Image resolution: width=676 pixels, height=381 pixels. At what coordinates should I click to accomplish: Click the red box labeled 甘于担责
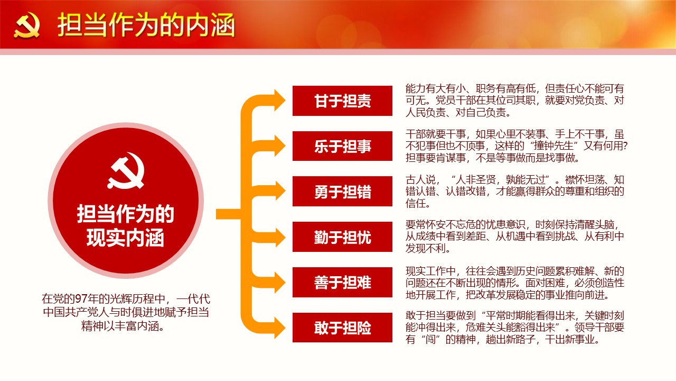coord(342,101)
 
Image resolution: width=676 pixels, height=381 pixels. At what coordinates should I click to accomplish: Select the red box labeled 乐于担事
coord(342,146)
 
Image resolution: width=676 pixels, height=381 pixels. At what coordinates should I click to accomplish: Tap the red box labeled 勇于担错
coord(342,192)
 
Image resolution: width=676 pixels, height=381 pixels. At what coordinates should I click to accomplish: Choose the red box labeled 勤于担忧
coord(342,237)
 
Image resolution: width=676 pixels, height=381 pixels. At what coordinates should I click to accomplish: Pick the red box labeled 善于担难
coord(342,282)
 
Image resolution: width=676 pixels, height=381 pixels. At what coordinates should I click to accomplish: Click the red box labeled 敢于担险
coord(342,328)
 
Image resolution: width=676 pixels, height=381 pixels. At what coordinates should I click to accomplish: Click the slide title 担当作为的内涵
coord(146,25)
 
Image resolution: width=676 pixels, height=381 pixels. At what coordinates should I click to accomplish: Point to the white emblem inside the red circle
coord(126,170)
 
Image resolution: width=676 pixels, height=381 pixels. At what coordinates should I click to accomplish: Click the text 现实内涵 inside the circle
coord(125,238)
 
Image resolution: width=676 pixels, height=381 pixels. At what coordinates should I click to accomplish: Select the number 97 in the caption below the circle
coord(81,299)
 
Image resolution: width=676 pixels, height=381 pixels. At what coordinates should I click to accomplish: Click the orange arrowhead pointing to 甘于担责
coord(279,100)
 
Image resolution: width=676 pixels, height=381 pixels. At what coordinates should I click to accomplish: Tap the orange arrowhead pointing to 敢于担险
coord(279,328)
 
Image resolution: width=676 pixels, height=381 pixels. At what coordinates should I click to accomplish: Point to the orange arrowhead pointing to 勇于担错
coord(279,191)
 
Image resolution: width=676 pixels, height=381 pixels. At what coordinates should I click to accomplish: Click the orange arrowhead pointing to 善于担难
coord(279,282)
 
